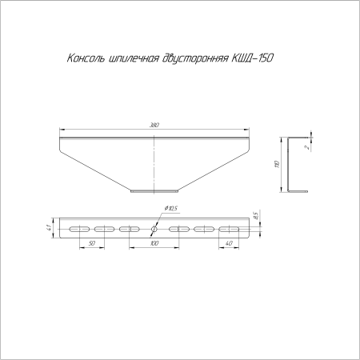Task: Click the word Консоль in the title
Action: click(x=82, y=60)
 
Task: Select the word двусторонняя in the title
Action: click(x=194, y=60)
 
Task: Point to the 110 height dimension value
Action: click(x=278, y=164)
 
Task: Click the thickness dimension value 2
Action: click(x=307, y=147)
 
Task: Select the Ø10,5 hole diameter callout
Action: click(x=170, y=210)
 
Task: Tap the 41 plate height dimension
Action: click(x=49, y=229)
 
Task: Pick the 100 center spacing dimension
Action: click(x=154, y=242)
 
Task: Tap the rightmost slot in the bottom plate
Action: click(x=228, y=229)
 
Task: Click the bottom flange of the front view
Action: click(x=154, y=190)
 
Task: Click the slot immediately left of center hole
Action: click(x=128, y=229)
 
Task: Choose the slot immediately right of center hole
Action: click(x=179, y=229)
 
